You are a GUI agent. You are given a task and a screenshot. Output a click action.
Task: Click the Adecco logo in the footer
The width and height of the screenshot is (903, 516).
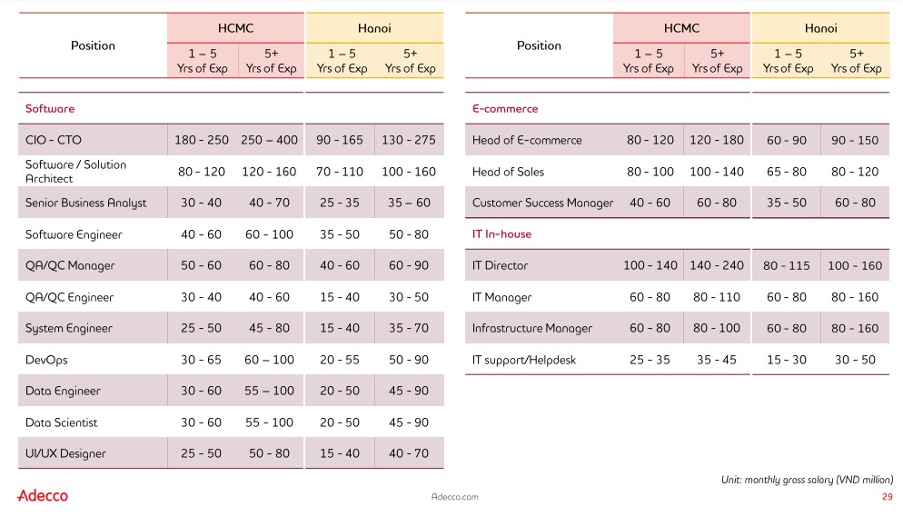[43, 495]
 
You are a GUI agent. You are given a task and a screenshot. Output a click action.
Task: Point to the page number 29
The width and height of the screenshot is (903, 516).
[888, 497]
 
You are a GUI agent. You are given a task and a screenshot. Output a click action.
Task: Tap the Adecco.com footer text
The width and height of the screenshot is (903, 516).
[454, 497]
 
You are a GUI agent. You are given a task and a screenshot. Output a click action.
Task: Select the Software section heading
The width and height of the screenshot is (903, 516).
[50, 109]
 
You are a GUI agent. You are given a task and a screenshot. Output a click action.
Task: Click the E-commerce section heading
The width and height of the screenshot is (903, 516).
[505, 109]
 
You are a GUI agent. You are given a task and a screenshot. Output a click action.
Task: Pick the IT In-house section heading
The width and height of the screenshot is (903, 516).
[501, 234]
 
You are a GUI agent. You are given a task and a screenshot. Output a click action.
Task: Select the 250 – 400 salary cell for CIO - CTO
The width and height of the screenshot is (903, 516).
[270, 140]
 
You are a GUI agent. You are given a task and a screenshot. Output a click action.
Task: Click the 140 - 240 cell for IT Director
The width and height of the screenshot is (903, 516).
[717, 265]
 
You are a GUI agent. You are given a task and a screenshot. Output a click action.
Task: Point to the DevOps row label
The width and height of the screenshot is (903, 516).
[46, 360]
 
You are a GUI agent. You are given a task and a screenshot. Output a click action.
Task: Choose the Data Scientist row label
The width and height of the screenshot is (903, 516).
[61, 422]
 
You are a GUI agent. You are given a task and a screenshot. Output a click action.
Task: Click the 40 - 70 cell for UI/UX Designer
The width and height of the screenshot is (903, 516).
[409, 453]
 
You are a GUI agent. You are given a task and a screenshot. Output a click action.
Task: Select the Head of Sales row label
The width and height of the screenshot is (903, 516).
[508, 172]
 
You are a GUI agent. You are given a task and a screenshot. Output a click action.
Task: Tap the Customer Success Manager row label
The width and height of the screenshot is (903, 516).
[542, 203]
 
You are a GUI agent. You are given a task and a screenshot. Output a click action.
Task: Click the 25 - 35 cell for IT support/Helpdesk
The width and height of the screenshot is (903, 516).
[650, 360]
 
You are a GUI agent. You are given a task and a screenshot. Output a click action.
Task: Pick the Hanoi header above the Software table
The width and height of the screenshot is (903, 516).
[374, 28]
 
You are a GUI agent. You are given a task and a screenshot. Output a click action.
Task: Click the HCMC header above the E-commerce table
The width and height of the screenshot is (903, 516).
[681, 28]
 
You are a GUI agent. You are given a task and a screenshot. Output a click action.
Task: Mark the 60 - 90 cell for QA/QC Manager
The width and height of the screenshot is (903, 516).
[409, 265]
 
